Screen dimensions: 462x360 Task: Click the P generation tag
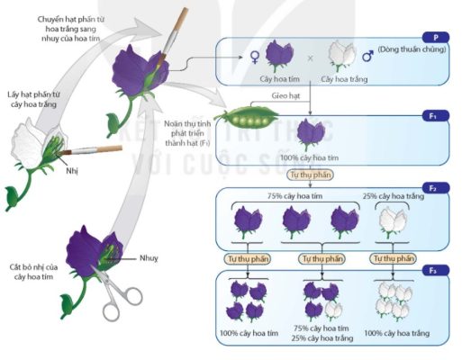436,38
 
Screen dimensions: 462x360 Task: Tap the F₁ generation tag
436,115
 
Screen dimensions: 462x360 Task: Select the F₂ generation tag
436,188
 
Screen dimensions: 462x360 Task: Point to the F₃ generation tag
436,270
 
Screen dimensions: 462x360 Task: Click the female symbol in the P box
255,57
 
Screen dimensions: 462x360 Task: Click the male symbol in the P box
367,56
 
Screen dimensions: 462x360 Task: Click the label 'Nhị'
72,171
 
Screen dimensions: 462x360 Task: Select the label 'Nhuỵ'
149,258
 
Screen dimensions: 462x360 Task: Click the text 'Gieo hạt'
285,95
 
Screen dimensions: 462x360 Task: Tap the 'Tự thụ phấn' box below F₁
310,175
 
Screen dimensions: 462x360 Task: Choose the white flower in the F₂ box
392,221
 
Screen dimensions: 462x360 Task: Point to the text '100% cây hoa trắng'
396,333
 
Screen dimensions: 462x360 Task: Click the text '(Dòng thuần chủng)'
412,49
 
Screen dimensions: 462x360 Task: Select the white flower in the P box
342,56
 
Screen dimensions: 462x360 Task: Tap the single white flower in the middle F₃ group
333,311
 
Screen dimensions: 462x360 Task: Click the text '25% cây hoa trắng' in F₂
394,196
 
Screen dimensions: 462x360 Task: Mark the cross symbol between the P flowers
310,58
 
